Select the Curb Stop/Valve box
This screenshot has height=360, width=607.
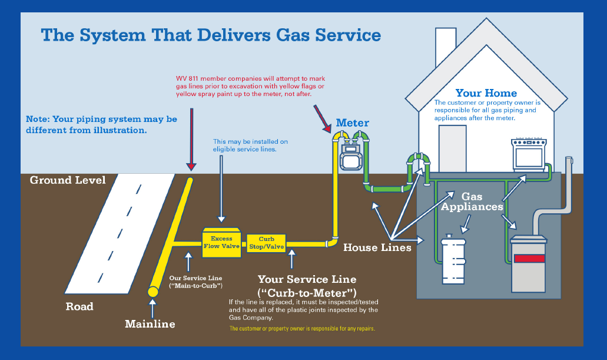pos(267,243)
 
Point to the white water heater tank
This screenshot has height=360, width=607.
pos(453,259)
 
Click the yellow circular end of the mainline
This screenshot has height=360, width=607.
pos(153,292)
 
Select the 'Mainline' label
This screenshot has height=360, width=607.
pos(150,323)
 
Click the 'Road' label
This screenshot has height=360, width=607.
pos(79,306)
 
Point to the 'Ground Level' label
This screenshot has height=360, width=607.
pos(68,180)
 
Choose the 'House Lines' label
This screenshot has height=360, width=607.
pos(377,247)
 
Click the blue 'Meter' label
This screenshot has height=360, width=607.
pos(352,123)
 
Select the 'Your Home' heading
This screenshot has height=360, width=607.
pos(486,93)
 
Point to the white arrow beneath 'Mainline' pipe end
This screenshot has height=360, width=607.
pos(153,308)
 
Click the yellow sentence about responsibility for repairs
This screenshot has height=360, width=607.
pos(302,328)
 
